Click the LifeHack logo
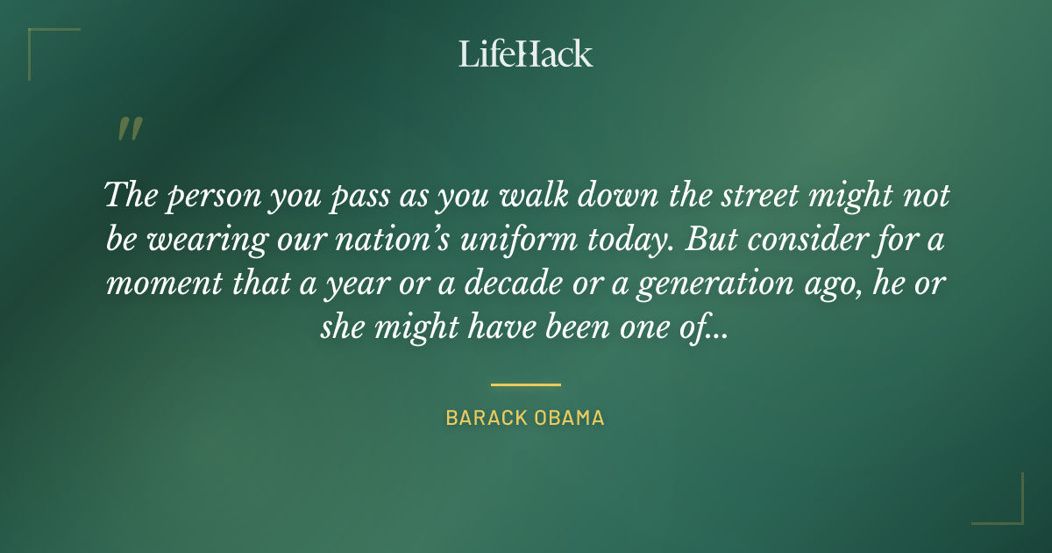(525, 54)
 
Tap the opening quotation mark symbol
(129, 129)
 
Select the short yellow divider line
(525, 384)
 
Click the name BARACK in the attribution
(485, 418)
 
